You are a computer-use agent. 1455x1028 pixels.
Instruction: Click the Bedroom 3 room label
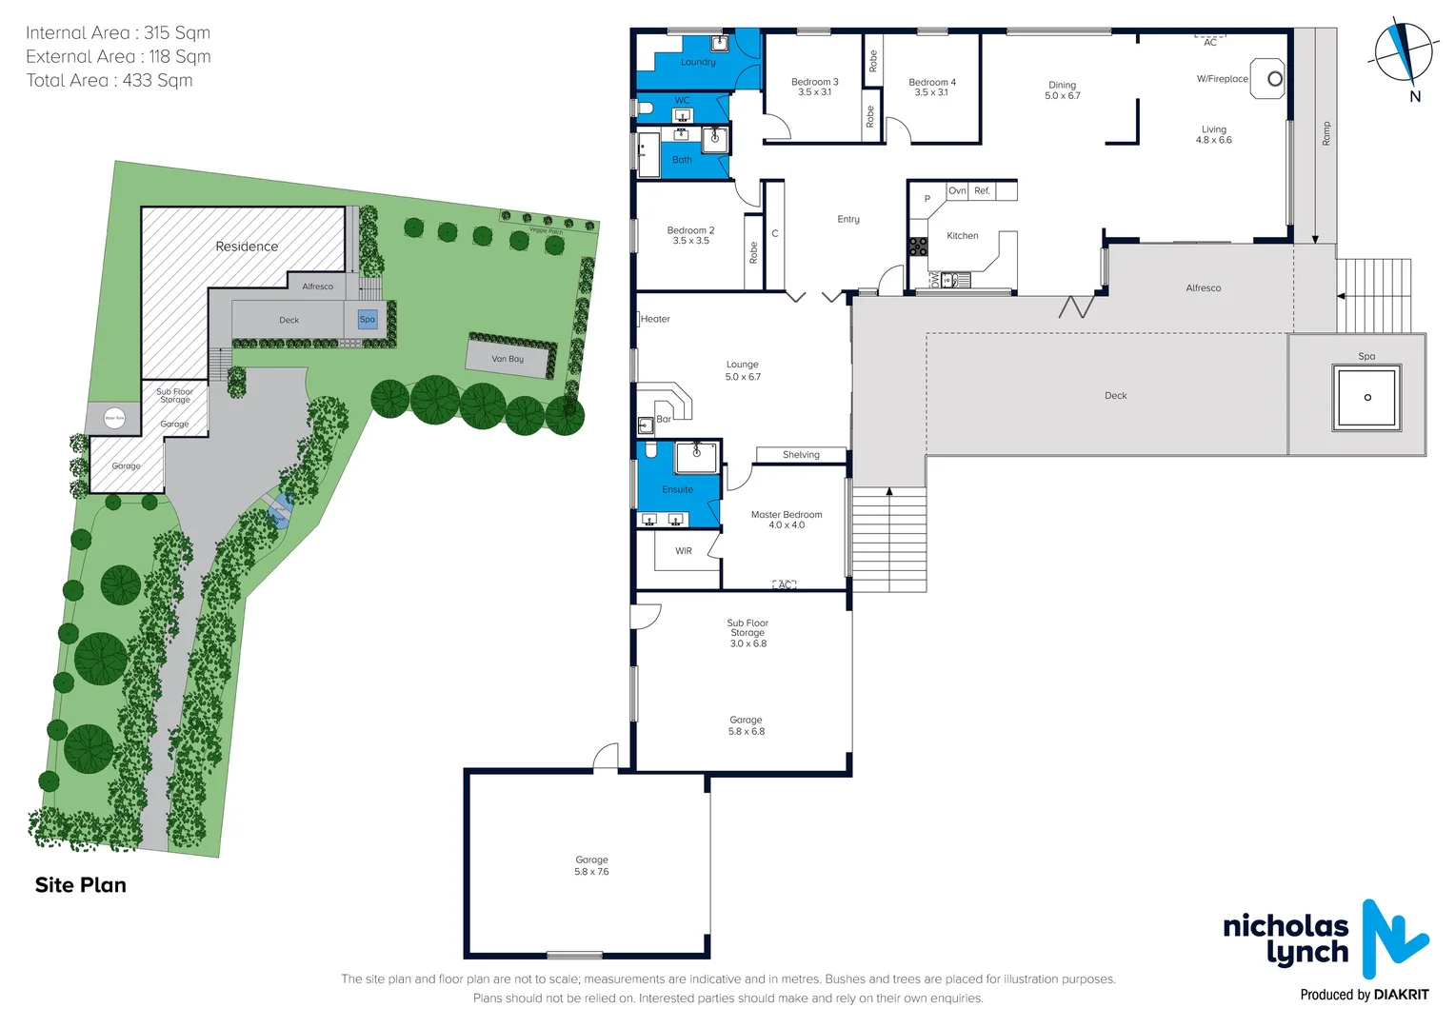815,87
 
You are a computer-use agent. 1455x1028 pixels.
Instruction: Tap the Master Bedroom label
787,520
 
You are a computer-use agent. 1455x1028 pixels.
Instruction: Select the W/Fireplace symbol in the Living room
1267,79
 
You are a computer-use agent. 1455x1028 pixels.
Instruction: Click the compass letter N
1415,96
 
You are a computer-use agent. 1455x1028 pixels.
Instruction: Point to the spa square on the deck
1366,397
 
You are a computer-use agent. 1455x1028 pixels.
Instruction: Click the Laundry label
698,63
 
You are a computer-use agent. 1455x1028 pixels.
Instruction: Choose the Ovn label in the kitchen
957,191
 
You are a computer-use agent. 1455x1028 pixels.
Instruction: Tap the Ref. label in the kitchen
982,191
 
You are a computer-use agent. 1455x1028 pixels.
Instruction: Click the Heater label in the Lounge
655,320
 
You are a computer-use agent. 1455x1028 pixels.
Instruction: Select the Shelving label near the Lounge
801,455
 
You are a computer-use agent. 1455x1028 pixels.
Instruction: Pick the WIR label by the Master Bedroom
684,551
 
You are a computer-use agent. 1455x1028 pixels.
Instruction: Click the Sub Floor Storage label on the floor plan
747,633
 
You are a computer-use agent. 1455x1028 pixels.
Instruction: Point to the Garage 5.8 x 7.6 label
591,865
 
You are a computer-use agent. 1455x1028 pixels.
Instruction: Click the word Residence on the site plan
247,247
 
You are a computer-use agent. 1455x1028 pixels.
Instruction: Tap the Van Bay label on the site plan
508,360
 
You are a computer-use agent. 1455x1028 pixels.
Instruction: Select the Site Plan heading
81,885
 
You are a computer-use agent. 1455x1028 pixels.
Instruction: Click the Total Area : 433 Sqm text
110,81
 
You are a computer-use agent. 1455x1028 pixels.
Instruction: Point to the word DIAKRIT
1402,995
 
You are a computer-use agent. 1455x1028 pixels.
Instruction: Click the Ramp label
1326,133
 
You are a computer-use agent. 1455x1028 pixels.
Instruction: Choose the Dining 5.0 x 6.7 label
1063,90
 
